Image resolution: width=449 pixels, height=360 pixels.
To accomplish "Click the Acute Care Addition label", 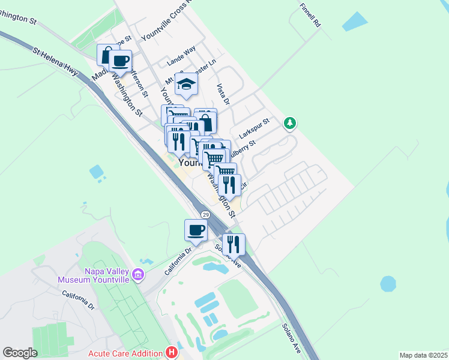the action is click(x=125, y=353).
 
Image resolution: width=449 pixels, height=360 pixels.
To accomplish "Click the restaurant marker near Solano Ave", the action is click(x=234, y=244).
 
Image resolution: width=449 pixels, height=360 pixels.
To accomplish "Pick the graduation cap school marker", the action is click(x=187, y=85).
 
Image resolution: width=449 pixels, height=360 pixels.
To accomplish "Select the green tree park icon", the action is click(x=291, y=124).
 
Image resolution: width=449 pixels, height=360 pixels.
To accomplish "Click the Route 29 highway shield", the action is click(x=205, y=215).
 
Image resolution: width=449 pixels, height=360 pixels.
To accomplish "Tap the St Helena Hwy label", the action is click(x=56, y=62).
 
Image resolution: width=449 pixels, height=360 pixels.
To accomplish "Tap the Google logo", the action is click(x=20, y=353).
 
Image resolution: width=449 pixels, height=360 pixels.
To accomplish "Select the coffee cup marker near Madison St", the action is click(x=121, y=61).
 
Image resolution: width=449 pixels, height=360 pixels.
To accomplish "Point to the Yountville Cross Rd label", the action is click(x=165, y=21).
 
